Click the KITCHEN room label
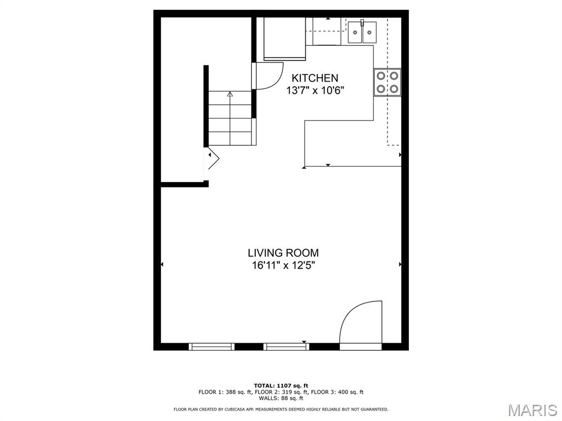click(x=314, y=78)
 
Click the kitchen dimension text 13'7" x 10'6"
click(x=315, y=91)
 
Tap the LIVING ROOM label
click(x=283, y=253)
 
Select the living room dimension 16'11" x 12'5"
click(x=283, y=266)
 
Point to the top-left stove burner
click(x=381, y=76)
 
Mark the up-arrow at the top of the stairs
click(x=230, y=94)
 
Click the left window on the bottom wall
click(x=211, y=346)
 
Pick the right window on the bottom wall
click(x=286, y=346)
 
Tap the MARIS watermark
click(x=532, y=409)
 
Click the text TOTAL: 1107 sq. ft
click(x=281, y=385)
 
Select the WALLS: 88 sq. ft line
click(x=281, y=399)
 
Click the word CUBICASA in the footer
click(x=250, y=409)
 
